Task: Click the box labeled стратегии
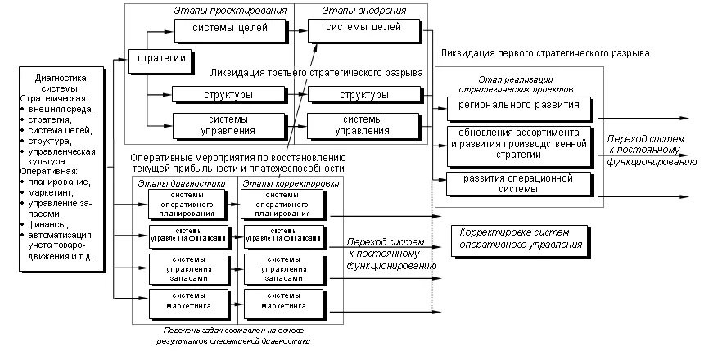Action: click(x=158, y=60)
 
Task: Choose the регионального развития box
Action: click(x=518, y=105)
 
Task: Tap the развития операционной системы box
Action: click(x=518, y=183)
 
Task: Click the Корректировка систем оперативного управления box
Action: click(x=519, y=238)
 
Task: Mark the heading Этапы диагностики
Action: click(x=183, y=183)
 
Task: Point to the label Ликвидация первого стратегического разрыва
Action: click(x=544, y=52)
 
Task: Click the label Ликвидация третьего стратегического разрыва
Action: click(x=317, y=73)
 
